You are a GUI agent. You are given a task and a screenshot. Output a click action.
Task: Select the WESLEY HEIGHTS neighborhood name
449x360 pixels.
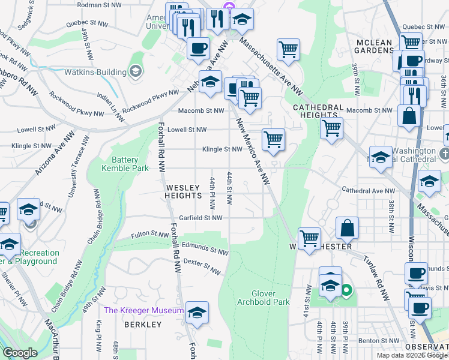click(183, 191)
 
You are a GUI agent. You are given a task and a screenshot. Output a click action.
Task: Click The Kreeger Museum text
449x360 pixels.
click(144, 310)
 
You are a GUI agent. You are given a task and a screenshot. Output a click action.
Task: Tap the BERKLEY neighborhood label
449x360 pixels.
click(143, 324)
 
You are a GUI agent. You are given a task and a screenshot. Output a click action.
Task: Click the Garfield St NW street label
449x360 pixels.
click(201, 218)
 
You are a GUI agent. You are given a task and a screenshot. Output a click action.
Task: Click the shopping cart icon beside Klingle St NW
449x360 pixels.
click(274, 139)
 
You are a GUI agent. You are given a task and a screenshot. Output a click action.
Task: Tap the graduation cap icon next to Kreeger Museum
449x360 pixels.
click(196, 312)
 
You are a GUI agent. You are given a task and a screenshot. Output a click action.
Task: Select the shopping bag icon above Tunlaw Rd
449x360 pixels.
click(347, 227)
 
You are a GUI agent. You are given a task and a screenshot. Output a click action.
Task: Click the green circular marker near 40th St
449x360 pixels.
click(346, 292)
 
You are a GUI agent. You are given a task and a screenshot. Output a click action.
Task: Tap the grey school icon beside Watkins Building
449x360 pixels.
click(136, 72)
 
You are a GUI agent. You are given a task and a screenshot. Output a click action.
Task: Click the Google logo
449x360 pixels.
click(20, 353)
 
